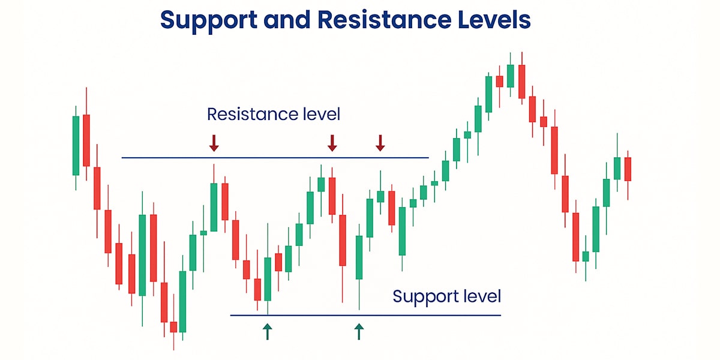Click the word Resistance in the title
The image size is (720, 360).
tap(385, 20)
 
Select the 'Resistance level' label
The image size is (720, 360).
tap(274, 114)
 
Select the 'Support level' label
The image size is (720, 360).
tap(447, 296)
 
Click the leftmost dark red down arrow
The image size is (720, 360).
tap(214, 143)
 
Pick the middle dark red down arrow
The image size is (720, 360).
tap(332, 143)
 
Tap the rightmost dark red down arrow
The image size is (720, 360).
tap(380, 143)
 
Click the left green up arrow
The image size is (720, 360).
tap(268, 331)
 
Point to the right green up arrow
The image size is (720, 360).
tap(359, 331)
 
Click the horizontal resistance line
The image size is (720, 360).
tap(275, 158)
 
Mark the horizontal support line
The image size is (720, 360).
tap(365, 316)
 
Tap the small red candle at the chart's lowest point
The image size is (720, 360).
tap(173, 326)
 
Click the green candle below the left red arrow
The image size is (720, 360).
tap(214, 207)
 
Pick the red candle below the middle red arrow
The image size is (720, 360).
tap(332, 196)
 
